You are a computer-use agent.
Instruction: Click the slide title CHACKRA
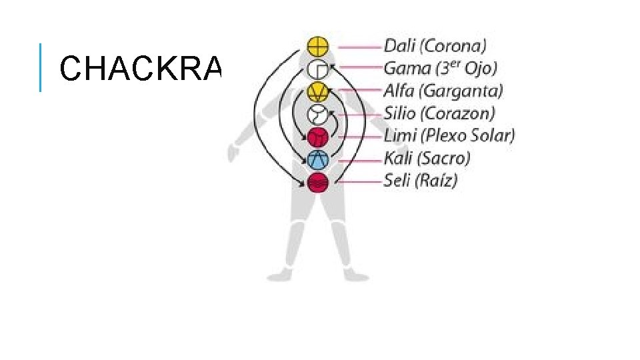click(140, 67)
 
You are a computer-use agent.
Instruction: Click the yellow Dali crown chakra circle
click(318, 47)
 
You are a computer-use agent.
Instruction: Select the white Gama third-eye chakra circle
click(318, 69)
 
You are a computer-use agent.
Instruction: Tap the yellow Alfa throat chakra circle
click(318, 91)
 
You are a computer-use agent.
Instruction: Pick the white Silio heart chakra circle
click(318, 114)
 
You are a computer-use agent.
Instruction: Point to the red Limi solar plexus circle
click(318, 137)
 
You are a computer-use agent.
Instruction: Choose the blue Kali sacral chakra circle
click(318, 159)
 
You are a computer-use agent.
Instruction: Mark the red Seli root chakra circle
click(318, 182)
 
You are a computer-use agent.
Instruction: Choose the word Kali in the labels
click(399, 159)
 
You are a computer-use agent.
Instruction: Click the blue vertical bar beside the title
click(41, 67)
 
